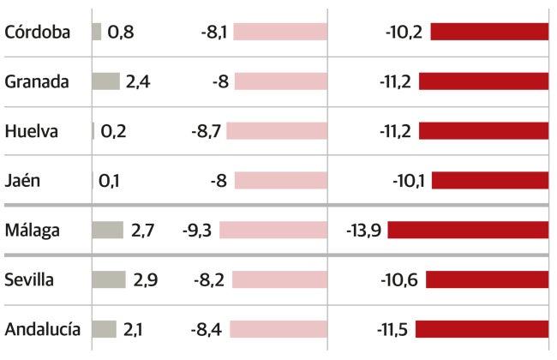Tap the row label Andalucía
pos(43,329)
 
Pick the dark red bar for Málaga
pos(468,231)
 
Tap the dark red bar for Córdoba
pos(489,32)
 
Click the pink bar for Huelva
pos(279,131)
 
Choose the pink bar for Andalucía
pos(278,329)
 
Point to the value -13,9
pos(364,231)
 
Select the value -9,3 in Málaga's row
pos(198,231)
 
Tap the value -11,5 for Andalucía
pos(393,329)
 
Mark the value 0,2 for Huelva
pos(113,131)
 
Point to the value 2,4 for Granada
pos(138,81)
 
